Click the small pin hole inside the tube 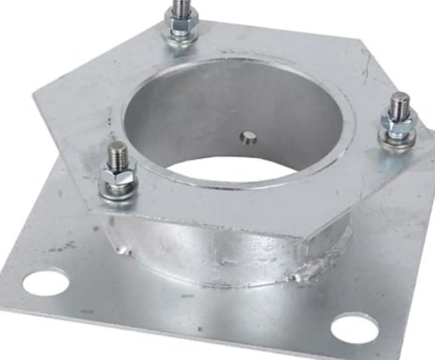(x=248, y=138)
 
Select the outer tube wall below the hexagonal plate (x=203, y=254)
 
